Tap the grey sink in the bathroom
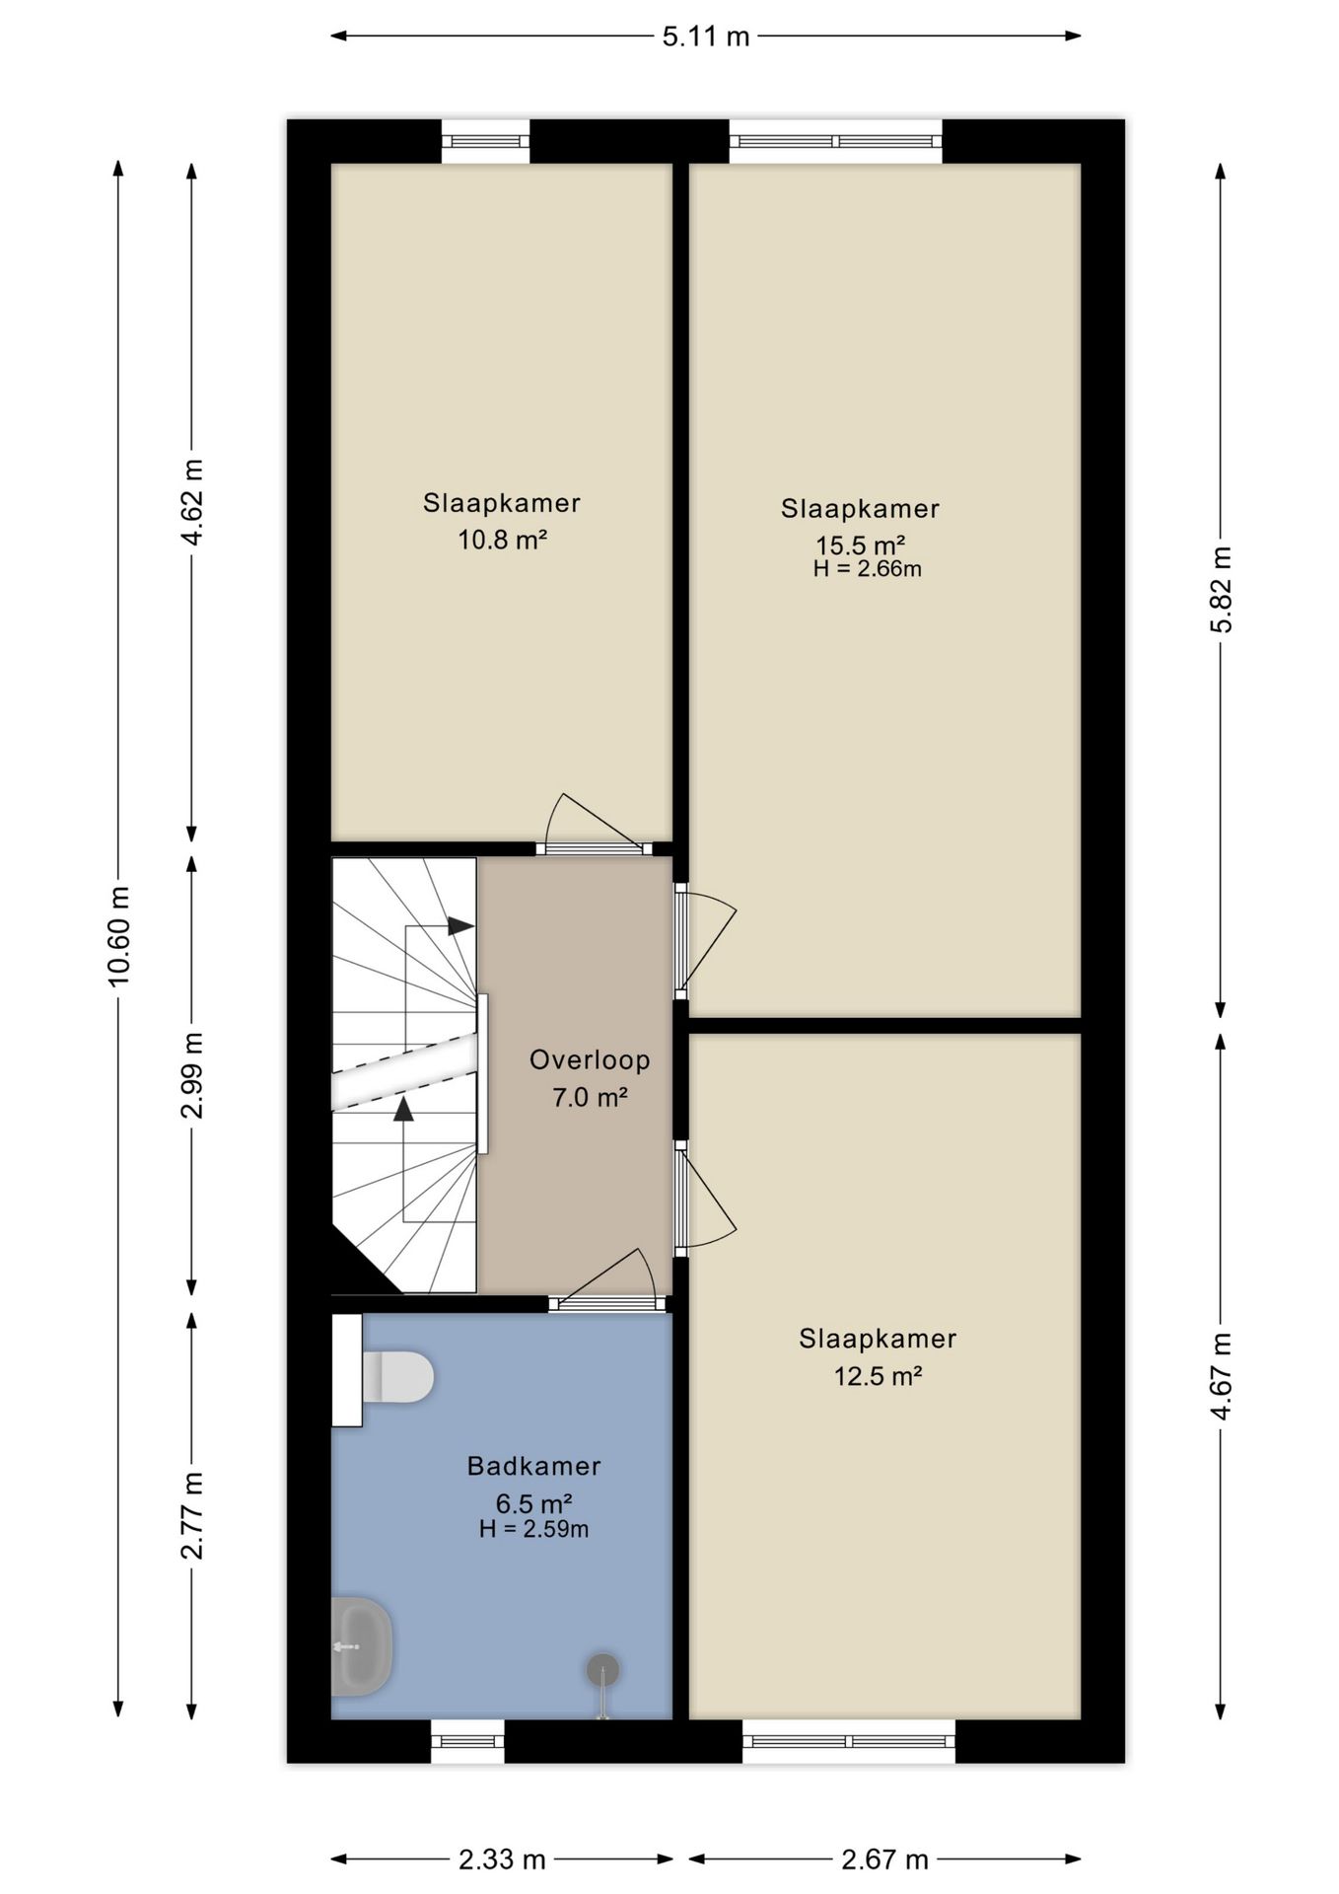(362, 1646)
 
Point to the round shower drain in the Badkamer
(602, 1669)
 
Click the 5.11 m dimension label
(705, 36)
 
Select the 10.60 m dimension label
(119, 936)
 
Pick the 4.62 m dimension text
(192, 501)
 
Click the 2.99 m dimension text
(192, 1075)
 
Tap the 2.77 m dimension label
(192, 1515)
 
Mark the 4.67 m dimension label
(1221, 1376)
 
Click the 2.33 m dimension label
(502, 1859)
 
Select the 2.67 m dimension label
(884, 1859)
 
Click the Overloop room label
(590, 1060)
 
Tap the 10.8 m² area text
(502, 540)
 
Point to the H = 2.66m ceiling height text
(867, 568)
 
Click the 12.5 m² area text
(878, 1375)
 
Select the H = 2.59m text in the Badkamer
(533, 1529)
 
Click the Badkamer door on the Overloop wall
(607, 1303)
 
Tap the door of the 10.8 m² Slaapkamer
(594, 847)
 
